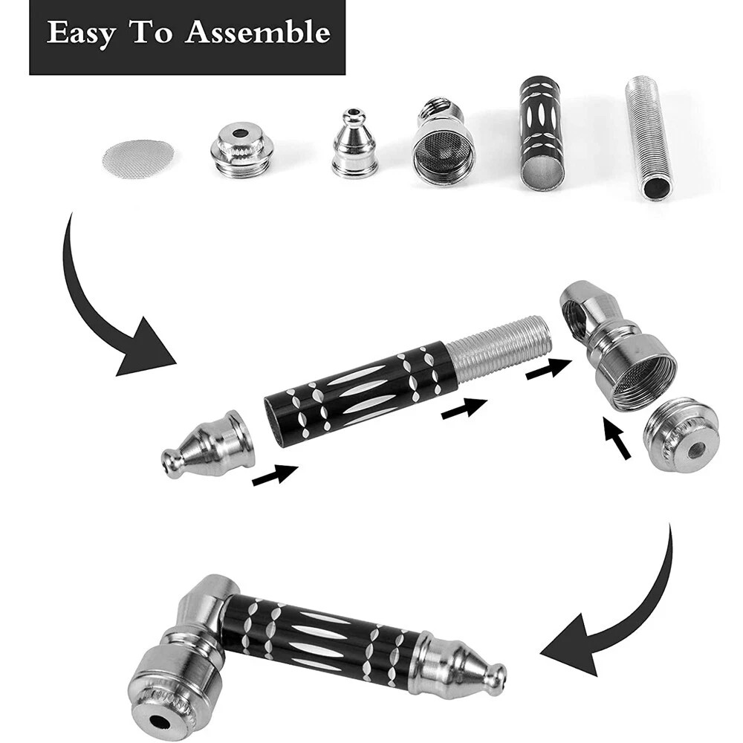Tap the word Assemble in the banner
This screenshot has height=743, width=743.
click(x=257, y=33)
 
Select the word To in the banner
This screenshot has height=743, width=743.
click(x=152, y=33)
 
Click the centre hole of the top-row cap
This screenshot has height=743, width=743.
click(x=241, y=134)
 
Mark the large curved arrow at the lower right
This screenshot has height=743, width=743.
click(x=624, y=609)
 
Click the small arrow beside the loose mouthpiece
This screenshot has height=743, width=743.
click(x=274, y=475)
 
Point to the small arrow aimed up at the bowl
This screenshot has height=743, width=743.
click(x=617, y=438)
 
